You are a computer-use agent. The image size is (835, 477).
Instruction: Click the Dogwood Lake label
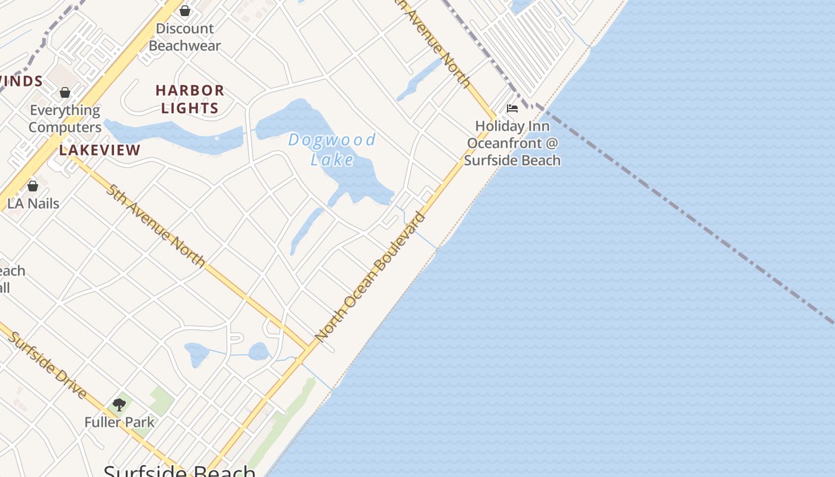point(332,149)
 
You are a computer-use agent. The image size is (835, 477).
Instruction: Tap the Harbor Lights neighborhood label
point(190,99)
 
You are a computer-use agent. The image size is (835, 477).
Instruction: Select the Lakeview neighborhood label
point(100,150)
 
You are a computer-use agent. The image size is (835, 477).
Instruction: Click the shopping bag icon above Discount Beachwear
point(185,11)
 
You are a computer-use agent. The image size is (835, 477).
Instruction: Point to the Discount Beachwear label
point(185,37)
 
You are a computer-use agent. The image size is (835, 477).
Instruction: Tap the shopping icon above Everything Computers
point(65,92)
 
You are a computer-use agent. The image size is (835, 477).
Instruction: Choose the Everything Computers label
point(65,119)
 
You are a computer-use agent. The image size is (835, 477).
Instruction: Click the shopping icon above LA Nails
point(33,186)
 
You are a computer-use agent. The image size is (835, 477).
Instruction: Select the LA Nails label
point(33,203)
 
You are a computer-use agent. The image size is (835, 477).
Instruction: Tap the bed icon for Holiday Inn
point(512,109)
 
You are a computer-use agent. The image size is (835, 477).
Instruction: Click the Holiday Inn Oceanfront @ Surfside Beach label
point(512,143)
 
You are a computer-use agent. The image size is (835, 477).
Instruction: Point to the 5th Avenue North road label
point(156,225)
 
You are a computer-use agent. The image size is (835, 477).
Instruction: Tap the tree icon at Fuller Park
point(119,405)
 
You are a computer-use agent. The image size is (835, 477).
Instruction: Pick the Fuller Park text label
point(119,422)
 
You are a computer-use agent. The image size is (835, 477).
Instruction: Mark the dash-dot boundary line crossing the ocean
point(686,215)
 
